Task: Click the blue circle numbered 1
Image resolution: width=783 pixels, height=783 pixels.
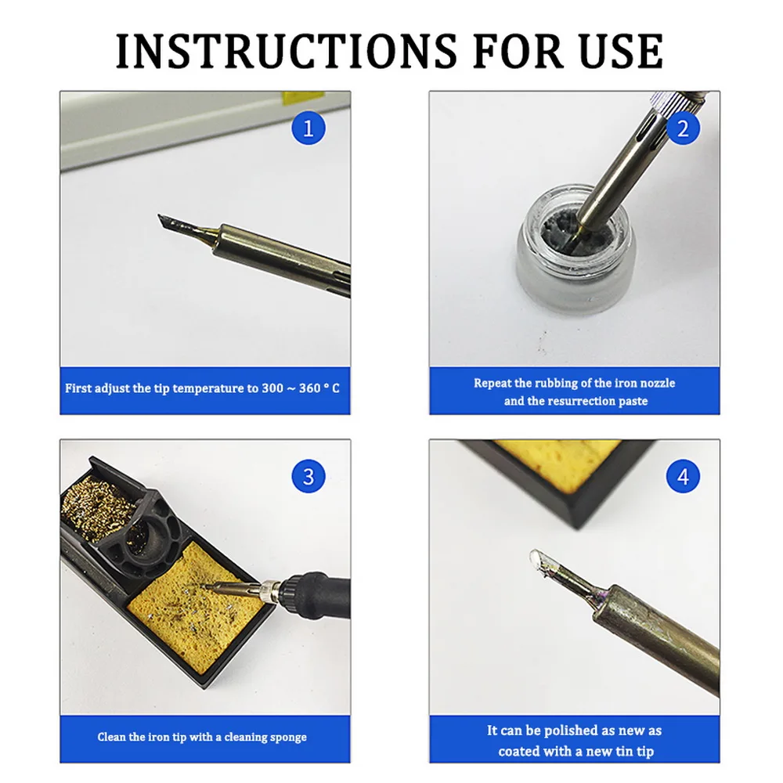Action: click(x=308, y=128)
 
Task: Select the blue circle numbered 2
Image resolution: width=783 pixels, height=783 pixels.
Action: click(x=683, y=128)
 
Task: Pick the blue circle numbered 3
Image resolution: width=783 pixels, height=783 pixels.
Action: click(x=308, y=475)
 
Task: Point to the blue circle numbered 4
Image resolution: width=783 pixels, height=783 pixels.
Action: click(x=683, y=475)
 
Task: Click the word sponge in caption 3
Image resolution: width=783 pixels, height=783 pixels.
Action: click(x=286, y=737)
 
